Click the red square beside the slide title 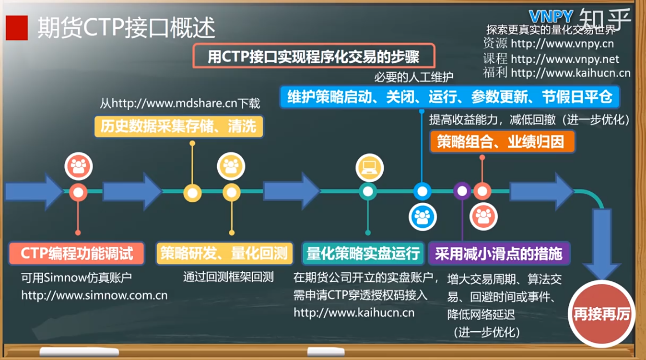coord(17,28)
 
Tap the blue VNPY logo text coord(551,16)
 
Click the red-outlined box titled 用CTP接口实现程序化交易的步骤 coord(314,56)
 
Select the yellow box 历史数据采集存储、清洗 coord(179,127)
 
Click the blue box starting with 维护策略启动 coord(449,97)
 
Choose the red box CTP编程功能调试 coord(77,254)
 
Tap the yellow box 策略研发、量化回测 coord(224,254)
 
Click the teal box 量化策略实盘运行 coord(363,254)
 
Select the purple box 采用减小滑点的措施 coord(499,254)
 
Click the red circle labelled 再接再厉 coord(601,314)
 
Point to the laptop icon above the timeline coord(369,167)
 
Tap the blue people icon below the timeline coord(423,217)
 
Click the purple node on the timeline coord(462,191)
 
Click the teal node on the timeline coord(368,191)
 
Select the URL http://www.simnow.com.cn coord(94,295)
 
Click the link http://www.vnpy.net coord(564,59)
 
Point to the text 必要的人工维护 coord(413,77)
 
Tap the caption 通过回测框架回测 coord(228,277)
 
